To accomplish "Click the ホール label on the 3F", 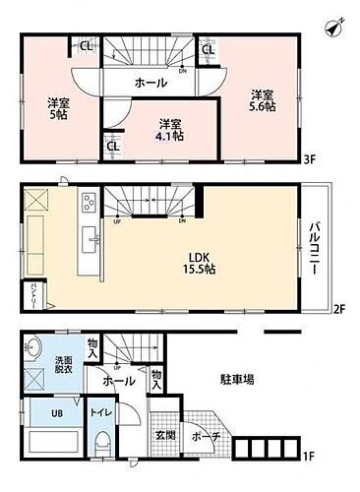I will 150,84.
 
